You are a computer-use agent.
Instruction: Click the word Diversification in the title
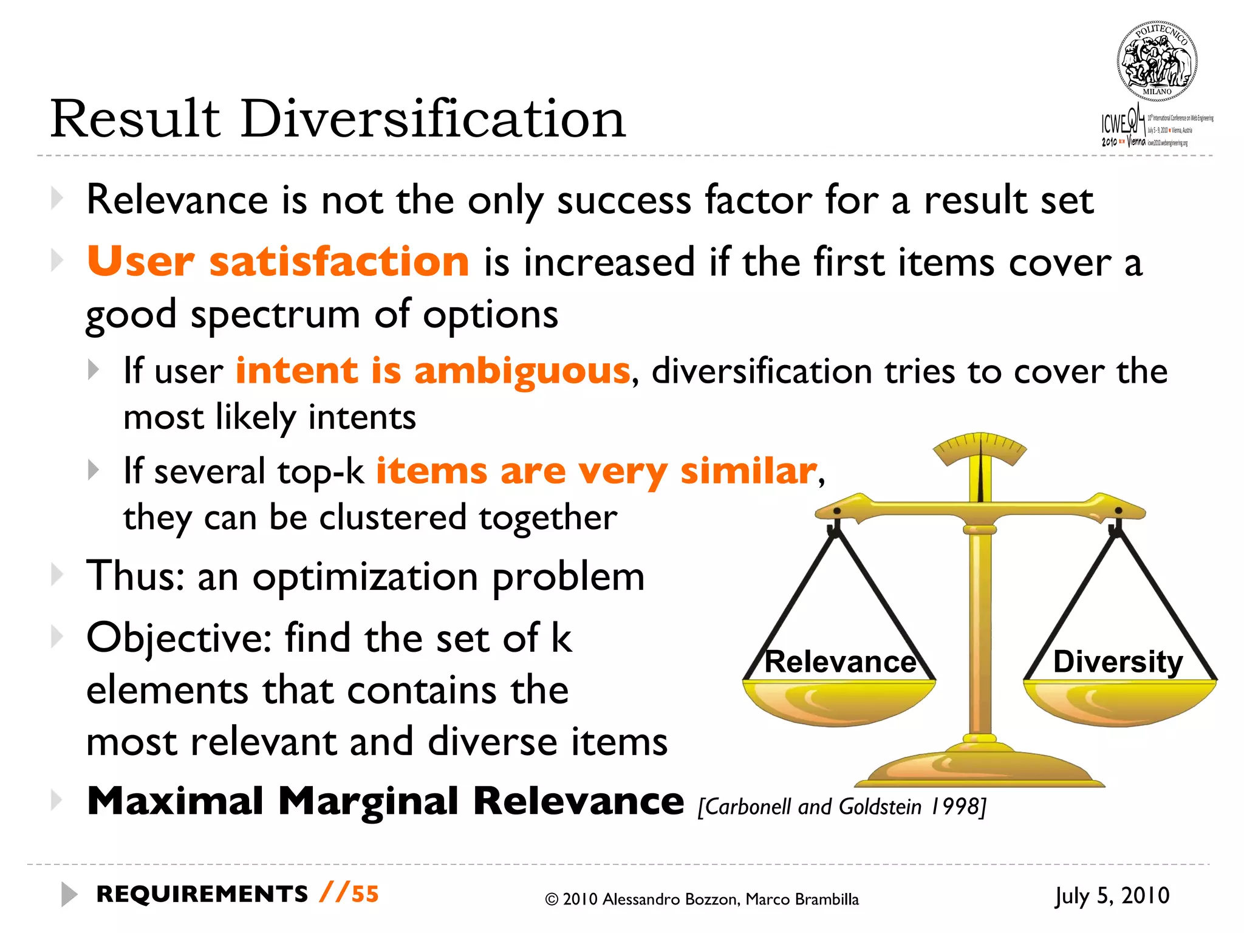coord(432,119)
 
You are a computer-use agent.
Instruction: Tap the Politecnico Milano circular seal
coord(1157,61)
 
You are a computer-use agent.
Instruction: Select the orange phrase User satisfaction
coord(278,261)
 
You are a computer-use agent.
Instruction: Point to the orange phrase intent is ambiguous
coord(433,371)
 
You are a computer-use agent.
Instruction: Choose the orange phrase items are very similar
coord(596,471)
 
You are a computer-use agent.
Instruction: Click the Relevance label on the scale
coord(839,661)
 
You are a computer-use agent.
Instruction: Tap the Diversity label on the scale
coord(1118,661)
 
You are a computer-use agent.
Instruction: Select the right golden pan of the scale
coord(1119,702)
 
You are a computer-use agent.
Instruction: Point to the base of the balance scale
coord(980,768)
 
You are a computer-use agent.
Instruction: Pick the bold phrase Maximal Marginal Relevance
coord(386,801)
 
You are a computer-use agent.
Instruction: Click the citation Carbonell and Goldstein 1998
coord(842,807)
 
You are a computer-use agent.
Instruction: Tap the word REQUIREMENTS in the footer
coord(202,894)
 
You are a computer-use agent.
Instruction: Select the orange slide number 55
coord(365,894)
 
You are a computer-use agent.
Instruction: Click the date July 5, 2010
coord(1112,896)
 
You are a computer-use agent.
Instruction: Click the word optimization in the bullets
coord(365,576)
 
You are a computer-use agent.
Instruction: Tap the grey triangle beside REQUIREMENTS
coord(69,894)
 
